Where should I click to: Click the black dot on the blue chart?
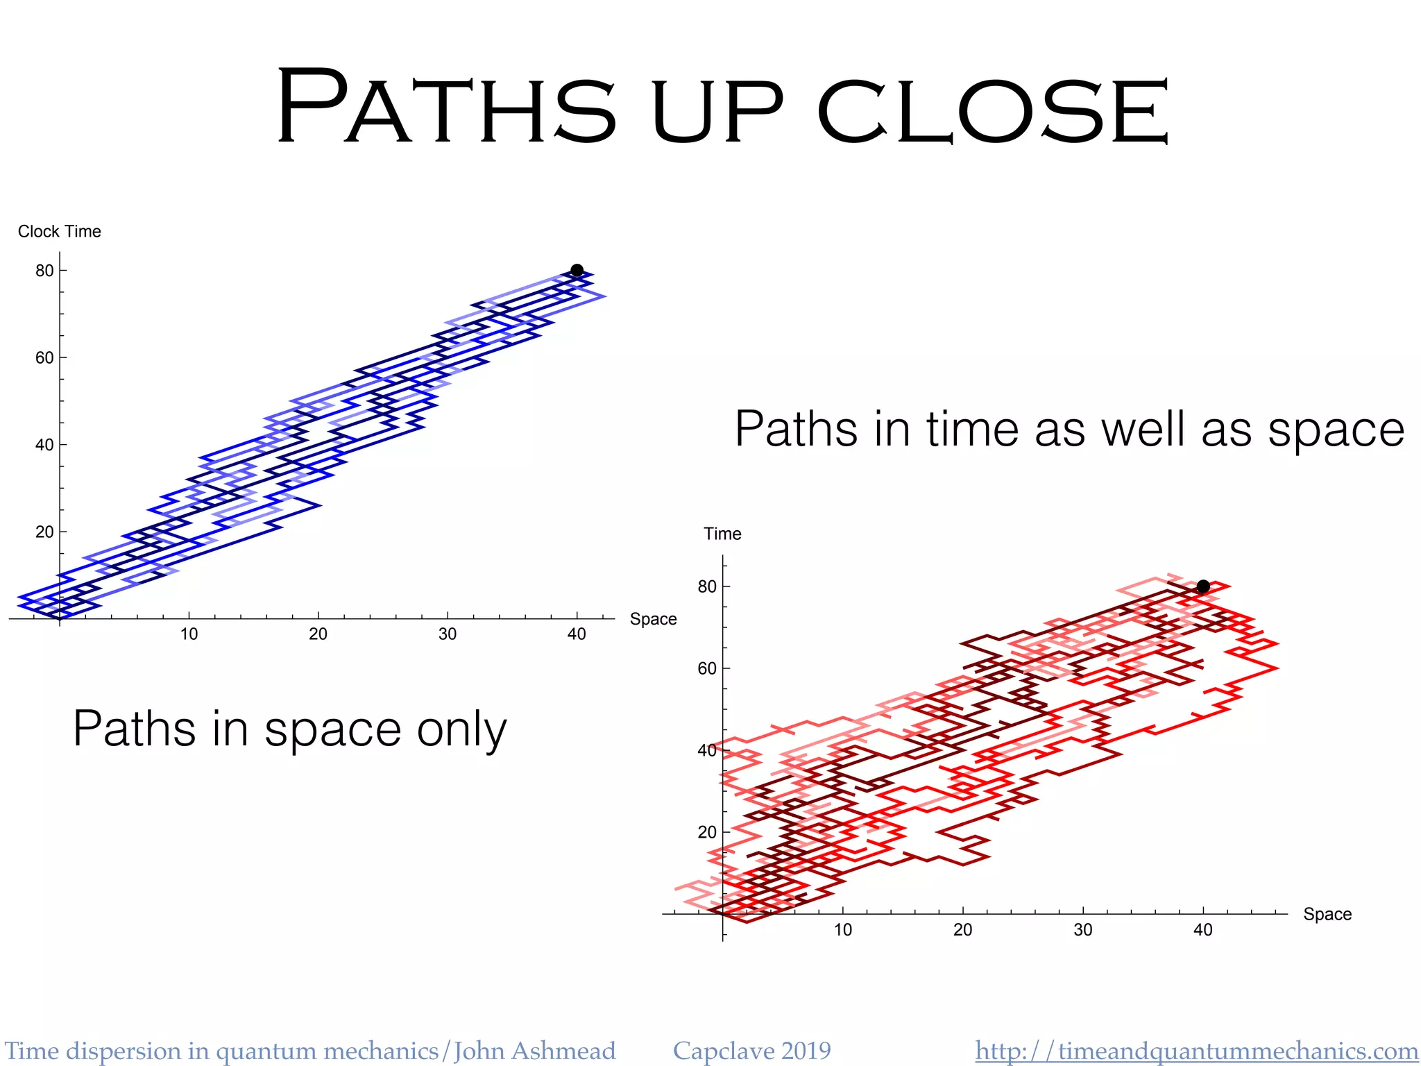tap(577, 270)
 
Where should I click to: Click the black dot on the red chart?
tap(1203, 586)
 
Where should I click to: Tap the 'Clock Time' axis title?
tap(60, 231)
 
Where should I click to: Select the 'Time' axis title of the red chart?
tap(722, 534)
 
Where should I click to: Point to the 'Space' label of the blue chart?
tap(653, 619)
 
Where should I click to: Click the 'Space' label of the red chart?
tap(1327, 914)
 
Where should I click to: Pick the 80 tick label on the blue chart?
tap(44, 271)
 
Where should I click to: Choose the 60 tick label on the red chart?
tap(707, 668)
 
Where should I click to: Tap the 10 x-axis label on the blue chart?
tap(189, 634)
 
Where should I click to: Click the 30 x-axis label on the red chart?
tap(1083, 929)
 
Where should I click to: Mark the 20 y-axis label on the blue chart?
tap(44, 532)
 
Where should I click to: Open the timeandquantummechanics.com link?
tap(1196, 1051)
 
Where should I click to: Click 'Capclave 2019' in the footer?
tap(751, 1051)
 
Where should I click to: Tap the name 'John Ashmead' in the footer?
tap(534, 1051)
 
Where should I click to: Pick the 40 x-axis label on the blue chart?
tap(577, 634)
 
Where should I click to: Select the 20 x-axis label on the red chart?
tap(962, 929)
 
